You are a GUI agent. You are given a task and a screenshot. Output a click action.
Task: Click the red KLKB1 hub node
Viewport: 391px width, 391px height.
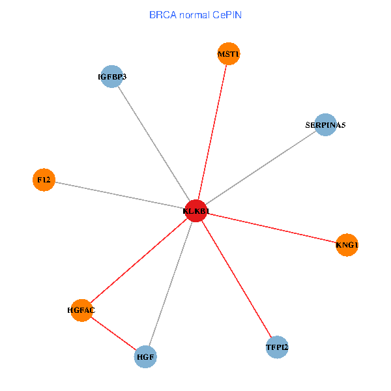(196, 211)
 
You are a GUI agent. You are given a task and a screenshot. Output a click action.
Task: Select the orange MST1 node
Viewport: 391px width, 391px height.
(228, 55)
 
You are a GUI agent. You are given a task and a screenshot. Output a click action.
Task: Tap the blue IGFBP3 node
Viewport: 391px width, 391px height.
(112, 77)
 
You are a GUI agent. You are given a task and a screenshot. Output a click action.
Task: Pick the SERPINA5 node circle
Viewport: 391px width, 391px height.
(325, 124)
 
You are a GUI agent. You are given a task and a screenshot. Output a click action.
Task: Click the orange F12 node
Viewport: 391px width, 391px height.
(44, 179)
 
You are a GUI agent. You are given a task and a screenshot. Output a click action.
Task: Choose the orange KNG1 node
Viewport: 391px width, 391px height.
(347, 245)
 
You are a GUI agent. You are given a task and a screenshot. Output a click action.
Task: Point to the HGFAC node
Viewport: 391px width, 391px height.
(81, 310)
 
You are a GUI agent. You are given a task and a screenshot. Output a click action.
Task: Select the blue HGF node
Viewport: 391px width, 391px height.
(145, 357)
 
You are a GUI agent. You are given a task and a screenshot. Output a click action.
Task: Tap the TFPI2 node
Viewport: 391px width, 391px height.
(277, 347)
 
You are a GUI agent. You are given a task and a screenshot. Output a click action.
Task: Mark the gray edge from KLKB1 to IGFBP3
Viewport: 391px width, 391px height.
(154, 144)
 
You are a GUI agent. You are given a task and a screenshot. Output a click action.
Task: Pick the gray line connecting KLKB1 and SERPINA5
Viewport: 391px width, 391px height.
(261, 167)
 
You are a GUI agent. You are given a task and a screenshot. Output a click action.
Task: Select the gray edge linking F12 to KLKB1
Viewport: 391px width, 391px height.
(120, 195)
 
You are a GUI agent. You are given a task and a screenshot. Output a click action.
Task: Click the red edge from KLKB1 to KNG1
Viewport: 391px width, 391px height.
(272, 228)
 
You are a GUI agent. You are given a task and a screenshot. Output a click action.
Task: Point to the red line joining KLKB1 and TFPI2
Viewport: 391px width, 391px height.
(237, 279)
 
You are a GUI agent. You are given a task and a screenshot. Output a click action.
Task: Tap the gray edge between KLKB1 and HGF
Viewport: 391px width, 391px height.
(171, 284)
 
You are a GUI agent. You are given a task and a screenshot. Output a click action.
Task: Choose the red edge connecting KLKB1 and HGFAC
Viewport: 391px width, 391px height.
(139, 261)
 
